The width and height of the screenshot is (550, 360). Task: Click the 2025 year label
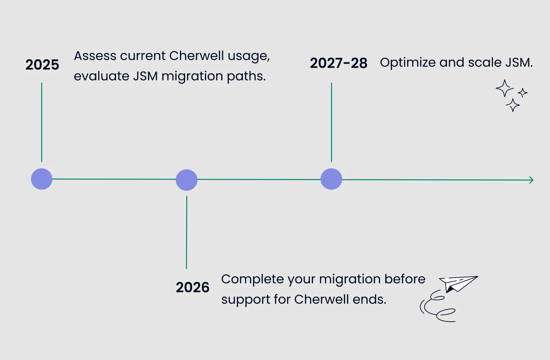pos(42,65)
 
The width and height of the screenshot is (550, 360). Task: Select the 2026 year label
pos(192,287)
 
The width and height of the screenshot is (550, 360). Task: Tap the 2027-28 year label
pos(339,63)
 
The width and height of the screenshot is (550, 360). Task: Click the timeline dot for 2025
pos(42,179)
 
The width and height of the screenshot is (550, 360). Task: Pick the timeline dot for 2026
pos(186,180)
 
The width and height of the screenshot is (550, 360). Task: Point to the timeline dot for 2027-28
pos(331,179)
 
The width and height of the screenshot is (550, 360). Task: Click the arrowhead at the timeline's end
pos(531,180)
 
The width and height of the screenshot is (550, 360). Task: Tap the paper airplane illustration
pos(458,283)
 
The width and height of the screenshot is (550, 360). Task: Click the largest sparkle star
pos(504,88)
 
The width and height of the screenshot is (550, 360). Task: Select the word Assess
pos(95,56)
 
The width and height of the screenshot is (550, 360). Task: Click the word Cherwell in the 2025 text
pos(196,56)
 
